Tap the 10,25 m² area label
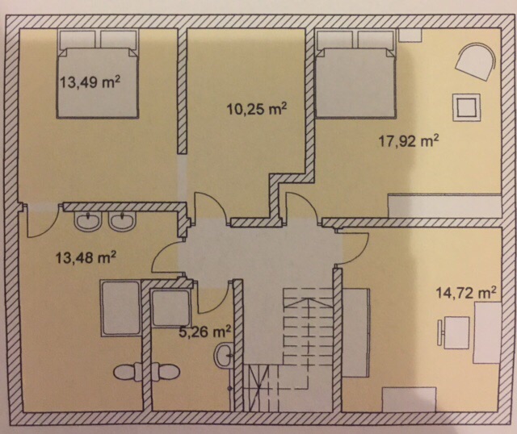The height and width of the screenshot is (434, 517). point(257,109)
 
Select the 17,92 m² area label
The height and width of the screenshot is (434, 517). point(409,141)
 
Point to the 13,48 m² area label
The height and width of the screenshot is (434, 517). point(85,257)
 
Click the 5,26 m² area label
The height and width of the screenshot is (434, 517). point(204,332)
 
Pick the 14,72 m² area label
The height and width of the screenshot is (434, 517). point(466,292)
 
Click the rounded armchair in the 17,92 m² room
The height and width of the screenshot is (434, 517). point(476,61)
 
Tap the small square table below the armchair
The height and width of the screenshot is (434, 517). point(466,107)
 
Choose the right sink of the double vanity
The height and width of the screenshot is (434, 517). point(122,221)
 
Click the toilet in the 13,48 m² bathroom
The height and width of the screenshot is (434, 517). point(128,372)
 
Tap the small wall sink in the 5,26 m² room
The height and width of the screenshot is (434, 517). point(225,355)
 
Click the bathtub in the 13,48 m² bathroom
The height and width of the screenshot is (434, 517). point(120,308)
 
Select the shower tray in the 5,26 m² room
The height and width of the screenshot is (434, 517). point(170,308)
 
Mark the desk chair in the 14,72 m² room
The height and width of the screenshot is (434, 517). point(454,332)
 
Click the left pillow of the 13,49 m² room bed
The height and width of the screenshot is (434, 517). point(78,40)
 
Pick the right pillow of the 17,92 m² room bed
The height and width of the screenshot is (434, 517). point(376,40)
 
